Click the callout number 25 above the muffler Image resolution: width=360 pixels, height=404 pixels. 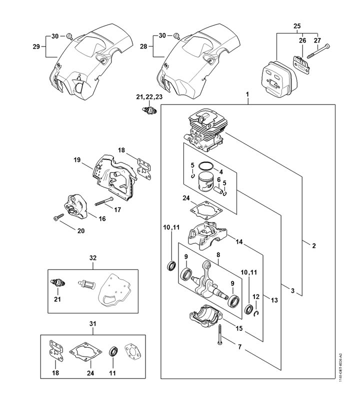point(297,26)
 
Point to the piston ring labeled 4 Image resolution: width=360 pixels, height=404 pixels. point(206,166)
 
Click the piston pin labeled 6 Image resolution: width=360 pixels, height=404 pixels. point(218,190)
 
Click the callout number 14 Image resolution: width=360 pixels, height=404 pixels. point(239,241)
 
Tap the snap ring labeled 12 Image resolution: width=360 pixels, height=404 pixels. point(256,313)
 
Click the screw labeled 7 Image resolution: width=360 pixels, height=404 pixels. point(220,334)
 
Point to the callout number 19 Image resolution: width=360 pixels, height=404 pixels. point(77,160)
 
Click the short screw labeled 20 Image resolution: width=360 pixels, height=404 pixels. point(58,217)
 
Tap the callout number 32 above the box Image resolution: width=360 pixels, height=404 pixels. point(93,257)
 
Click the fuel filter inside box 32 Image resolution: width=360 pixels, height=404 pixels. point(86,285)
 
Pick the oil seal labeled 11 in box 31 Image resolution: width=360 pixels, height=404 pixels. point(113,351)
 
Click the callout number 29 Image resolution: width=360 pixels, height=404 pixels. point(36,46)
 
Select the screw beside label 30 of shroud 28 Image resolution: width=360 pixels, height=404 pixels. point(177,36)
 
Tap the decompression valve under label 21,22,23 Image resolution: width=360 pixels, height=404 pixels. point(149,111)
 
